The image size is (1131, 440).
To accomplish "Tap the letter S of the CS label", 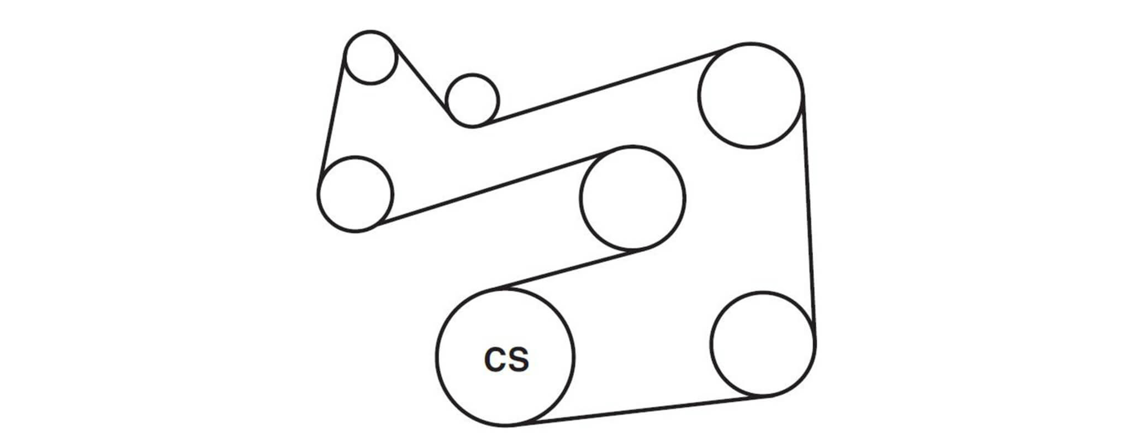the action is tap(518, 359).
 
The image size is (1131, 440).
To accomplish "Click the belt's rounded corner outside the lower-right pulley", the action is tap(810, 375).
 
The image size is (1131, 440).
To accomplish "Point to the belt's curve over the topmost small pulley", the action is tap(371, 31).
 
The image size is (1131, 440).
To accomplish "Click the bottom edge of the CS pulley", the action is tap(505, 426).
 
